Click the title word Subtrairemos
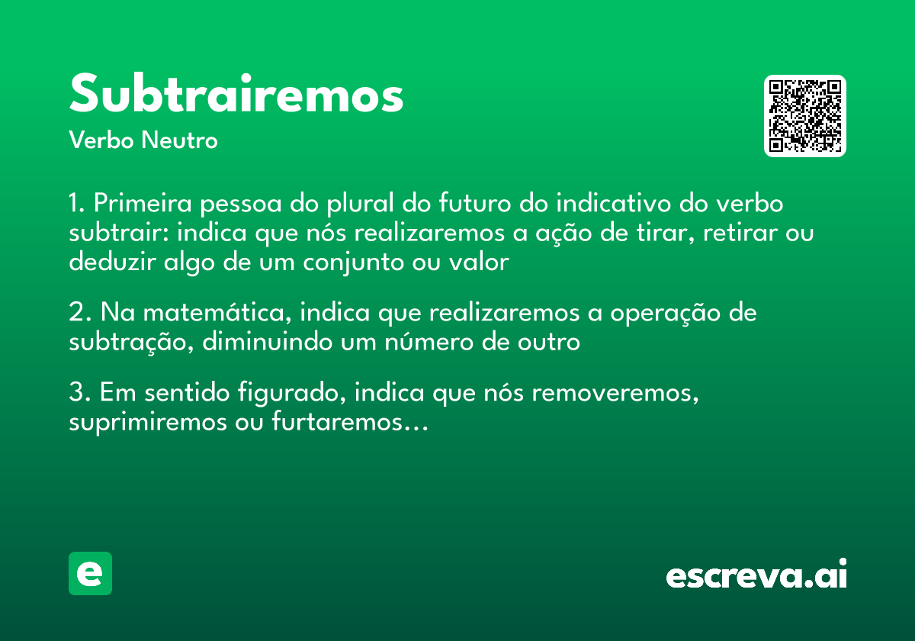(x=236, y=95)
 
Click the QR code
(x=805, y=116)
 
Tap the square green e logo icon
(x=90, y=573)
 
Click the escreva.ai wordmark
(x=756, y=575)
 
